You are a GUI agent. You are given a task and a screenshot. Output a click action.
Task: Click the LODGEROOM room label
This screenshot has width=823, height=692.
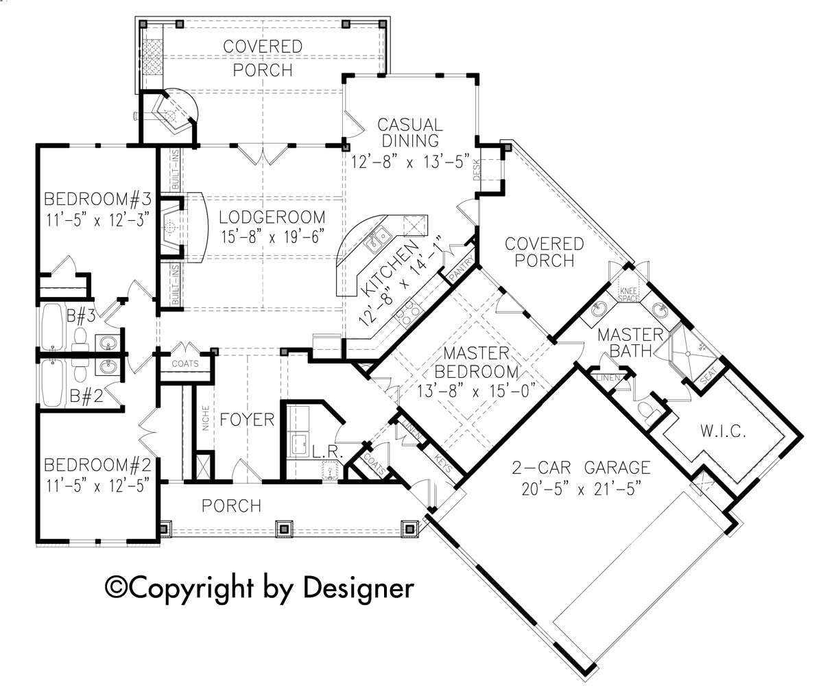[x=272, y=217]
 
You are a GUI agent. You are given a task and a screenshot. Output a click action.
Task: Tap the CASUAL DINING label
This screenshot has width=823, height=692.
[x=410, y=133]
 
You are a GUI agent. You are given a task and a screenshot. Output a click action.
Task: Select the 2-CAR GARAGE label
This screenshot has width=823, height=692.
[x=581, y=468]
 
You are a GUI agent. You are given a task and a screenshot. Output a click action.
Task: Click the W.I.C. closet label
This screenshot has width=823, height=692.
[x=723, y=431]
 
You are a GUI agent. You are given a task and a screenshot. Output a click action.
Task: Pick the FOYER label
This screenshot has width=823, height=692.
[x=247, y=420]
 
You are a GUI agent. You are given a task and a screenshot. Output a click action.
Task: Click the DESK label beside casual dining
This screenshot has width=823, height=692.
[x=477, y=169]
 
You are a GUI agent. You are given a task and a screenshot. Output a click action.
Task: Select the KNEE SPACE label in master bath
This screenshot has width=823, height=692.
[x=628, y=295]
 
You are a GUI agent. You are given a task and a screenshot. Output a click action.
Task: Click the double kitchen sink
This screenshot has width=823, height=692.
[x=378, y=239]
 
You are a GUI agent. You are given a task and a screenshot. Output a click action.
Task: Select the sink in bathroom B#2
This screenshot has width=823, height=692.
[x=107, y=368]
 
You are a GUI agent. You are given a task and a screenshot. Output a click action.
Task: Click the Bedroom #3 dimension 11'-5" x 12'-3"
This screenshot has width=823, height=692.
[x=98, y=220]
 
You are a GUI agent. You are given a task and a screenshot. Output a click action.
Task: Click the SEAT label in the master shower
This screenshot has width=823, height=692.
[x=708, y=376]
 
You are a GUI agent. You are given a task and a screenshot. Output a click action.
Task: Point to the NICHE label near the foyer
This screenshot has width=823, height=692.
[x=205, y=418]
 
